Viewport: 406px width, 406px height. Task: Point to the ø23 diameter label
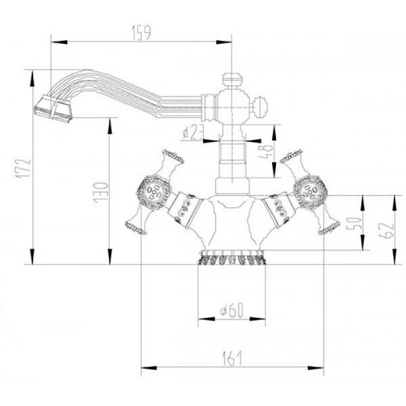click(x=192, y=133)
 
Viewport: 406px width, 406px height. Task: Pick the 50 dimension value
click(x=353, y=223)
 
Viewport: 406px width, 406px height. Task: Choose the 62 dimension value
click(x=383, y=230)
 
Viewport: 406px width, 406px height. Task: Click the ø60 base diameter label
click(x=231, y=312)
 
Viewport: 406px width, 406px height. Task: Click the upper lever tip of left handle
click(x=173, y=157)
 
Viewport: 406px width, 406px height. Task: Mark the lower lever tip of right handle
click(x=329, y=227)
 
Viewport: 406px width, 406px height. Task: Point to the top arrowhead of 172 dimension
click(x=32, y=74)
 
